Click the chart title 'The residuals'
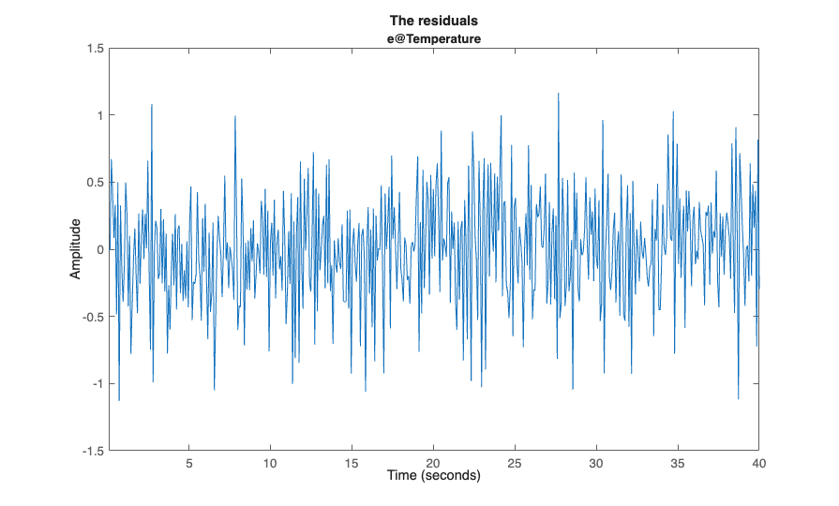tap(434, 21)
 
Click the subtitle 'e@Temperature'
tap(434, 38)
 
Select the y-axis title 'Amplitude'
tap(76, 248)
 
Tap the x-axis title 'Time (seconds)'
tap(434, 476)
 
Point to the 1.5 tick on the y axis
tap(94, 48)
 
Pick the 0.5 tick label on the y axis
tap(94, 182)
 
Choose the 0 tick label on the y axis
tap(99, 249)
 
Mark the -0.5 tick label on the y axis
tap(92, 317)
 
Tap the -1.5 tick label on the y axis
tap(92, 451)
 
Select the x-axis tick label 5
tap(189, 463)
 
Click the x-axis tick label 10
tap(270, 463)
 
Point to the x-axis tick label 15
tap(352, 463)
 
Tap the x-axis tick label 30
tap(596, 463)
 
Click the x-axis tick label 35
tap(678, 463)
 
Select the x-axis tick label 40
tap(758, 463)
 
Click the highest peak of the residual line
tap(559, 93)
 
